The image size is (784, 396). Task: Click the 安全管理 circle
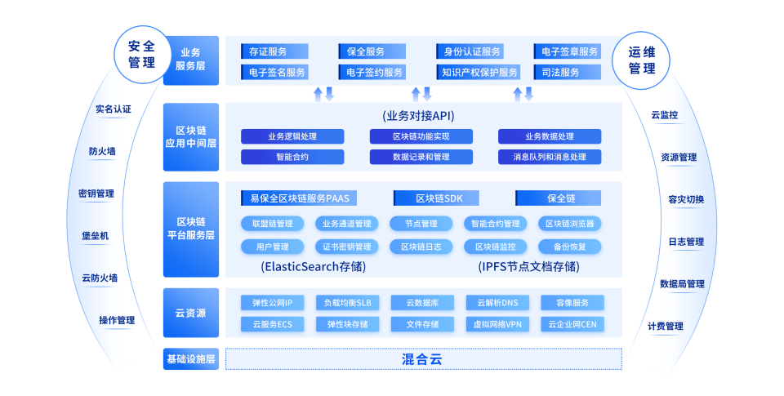click(142, 54)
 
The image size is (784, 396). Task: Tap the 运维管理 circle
click(641, 60)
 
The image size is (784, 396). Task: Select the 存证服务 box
click(274, 51)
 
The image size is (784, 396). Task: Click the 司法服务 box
click(567, 72)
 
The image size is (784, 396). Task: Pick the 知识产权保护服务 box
click(479, 72)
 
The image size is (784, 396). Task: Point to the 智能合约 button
click(292, 157)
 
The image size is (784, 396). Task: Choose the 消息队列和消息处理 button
click(550, 157)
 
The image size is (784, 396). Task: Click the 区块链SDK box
click(436, 198)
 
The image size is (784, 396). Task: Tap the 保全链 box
click(558, 198)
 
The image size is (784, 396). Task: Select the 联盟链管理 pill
click(273, 224)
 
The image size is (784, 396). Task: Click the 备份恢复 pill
click(570, 247)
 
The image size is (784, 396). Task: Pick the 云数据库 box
click(422, 302)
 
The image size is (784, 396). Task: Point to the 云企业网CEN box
click(572, 324)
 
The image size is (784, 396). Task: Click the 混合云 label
click(422, 359)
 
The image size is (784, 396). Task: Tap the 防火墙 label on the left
click(103, 152)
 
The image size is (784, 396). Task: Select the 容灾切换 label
click(686, 199)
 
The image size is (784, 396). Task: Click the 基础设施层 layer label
click(191, 359)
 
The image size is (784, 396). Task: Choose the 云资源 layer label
click(191, 313)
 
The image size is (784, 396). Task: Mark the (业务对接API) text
click(418, 116)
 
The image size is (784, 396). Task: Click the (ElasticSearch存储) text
click(314, 266)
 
